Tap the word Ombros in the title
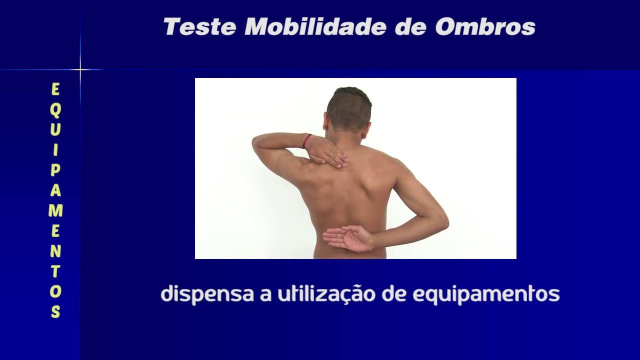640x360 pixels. pyautogui.click(x=485, y=27)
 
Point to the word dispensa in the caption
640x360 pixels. pyautogui.click(x=207, y=294)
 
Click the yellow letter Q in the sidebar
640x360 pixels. pyautogui.click(x=55, y=109)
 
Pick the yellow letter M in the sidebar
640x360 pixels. pyautogui.click(x=55, y=210)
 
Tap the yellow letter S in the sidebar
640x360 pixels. pyautogui.click(x=55, y=311)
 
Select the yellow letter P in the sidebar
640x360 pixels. pyautogui.click(x=55, y=170)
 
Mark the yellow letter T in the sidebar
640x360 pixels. pyautogui.click(x=55, y=271)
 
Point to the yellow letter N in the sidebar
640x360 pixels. pyautogui.click(x=55, y=251)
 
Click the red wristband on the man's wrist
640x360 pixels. pyautogui.click(x=306, y=141)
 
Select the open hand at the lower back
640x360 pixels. pyautogui.click(x=348, y=238)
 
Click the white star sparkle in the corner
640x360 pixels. pyautogui.click(x=80, y=69)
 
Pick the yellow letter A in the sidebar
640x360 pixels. pyautogui.click(x=55, y=190)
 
